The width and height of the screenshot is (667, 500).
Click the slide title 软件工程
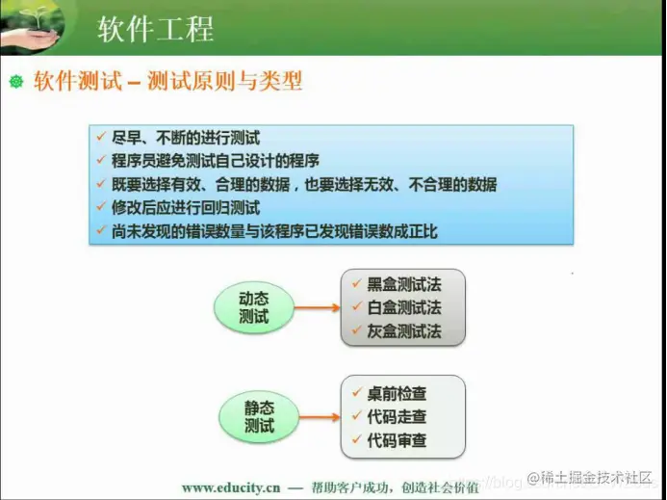coord(155,28)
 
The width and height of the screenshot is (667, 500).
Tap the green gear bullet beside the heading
coord(15,83)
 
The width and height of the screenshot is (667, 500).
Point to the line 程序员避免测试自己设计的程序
coord(216,161)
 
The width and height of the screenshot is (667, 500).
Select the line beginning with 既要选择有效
coord(304,184)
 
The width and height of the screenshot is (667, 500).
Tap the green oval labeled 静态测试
coord(258,416)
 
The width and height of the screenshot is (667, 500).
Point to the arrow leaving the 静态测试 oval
coord(317,416)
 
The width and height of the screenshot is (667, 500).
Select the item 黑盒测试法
coord(403,284)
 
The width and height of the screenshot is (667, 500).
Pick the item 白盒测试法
coord(403,308)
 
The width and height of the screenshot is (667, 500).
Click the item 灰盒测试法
coord(403,331)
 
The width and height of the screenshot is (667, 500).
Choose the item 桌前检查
coord(397,393)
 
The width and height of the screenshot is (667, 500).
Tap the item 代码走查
coord(397,417)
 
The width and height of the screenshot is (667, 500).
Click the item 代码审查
coord(397,441)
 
